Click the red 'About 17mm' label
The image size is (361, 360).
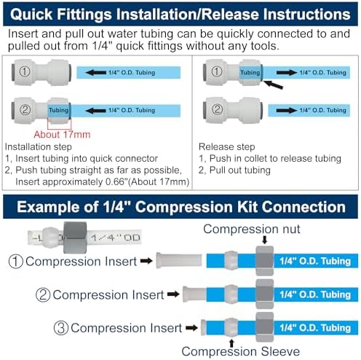(62, 134)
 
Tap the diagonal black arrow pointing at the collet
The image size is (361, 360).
(273, 85)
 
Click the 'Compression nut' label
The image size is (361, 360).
(252, 229)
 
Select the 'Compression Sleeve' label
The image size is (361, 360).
(241, 351)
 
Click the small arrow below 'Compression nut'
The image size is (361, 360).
(265, 240)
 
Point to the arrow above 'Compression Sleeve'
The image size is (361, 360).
(231, 343)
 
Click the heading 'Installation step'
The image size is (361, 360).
(39, 146)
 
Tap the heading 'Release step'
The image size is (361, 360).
(227, 146)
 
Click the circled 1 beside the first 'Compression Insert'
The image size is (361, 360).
(15, 262)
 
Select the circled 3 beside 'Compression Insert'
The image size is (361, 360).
(60, 328)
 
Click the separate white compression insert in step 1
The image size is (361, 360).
(179, 261)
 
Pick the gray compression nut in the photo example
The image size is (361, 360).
(75, 238)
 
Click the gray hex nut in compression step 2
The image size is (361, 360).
(265, 294)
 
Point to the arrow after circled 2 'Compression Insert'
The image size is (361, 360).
(173, 294)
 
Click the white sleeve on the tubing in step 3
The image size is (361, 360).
(231, 327)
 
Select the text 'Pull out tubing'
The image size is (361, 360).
(239, 170)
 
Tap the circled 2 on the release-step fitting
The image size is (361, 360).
(217, 109)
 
